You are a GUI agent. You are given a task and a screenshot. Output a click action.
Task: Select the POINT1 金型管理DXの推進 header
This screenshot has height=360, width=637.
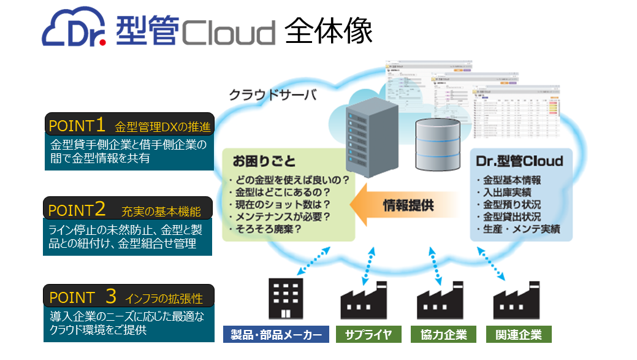(x=129, y=126)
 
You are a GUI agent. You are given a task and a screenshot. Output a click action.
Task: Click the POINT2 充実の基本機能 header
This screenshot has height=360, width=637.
(x=128, y=210)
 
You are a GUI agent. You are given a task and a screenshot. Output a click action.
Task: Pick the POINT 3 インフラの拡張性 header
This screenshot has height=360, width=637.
(x=128, y=297)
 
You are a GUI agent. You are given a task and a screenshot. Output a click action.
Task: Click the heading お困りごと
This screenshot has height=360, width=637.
(x=264, y=162)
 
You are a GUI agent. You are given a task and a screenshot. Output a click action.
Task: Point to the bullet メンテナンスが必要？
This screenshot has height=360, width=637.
(x=280, y=216)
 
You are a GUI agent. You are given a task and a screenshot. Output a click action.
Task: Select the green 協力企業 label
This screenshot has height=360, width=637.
(x=443, y=335)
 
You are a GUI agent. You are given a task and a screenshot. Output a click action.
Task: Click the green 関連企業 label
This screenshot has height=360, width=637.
(x=519, y=335)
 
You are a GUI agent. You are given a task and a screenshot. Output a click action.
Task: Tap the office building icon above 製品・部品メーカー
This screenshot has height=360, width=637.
(x=286, y=299)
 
